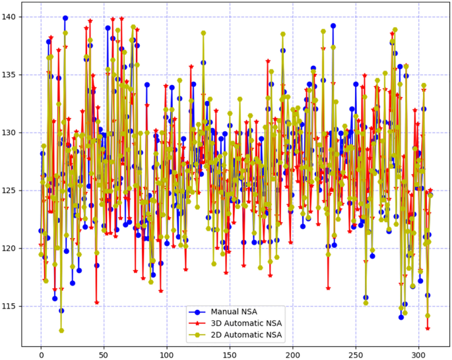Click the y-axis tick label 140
click(x=10, y=16)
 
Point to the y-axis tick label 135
click(x=10, y=75)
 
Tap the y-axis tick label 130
click(x=10, y=133)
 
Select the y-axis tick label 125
click(x=10, y=191)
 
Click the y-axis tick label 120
click(x=10, y=249)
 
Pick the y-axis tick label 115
click(x=10, y=307)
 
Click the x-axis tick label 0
click(x=41, y=355)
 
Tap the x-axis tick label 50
click(x=104, y=355)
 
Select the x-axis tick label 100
click(x=167, y=355)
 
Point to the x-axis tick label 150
click(x=230, y=355)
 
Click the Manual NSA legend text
click(x=234, y=312)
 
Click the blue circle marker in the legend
click(x=196, y=312)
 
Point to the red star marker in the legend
click(x=196, y=324)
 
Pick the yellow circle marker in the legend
click(x=196, y=336)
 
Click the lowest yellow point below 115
click(x=61, y=330)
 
